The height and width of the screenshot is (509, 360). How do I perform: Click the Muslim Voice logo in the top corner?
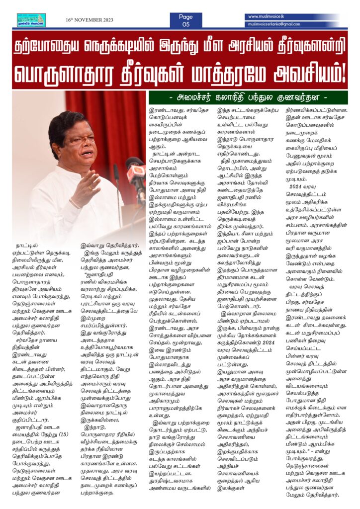[31, 20]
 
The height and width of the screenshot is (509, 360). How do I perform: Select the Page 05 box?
[186, 20]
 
